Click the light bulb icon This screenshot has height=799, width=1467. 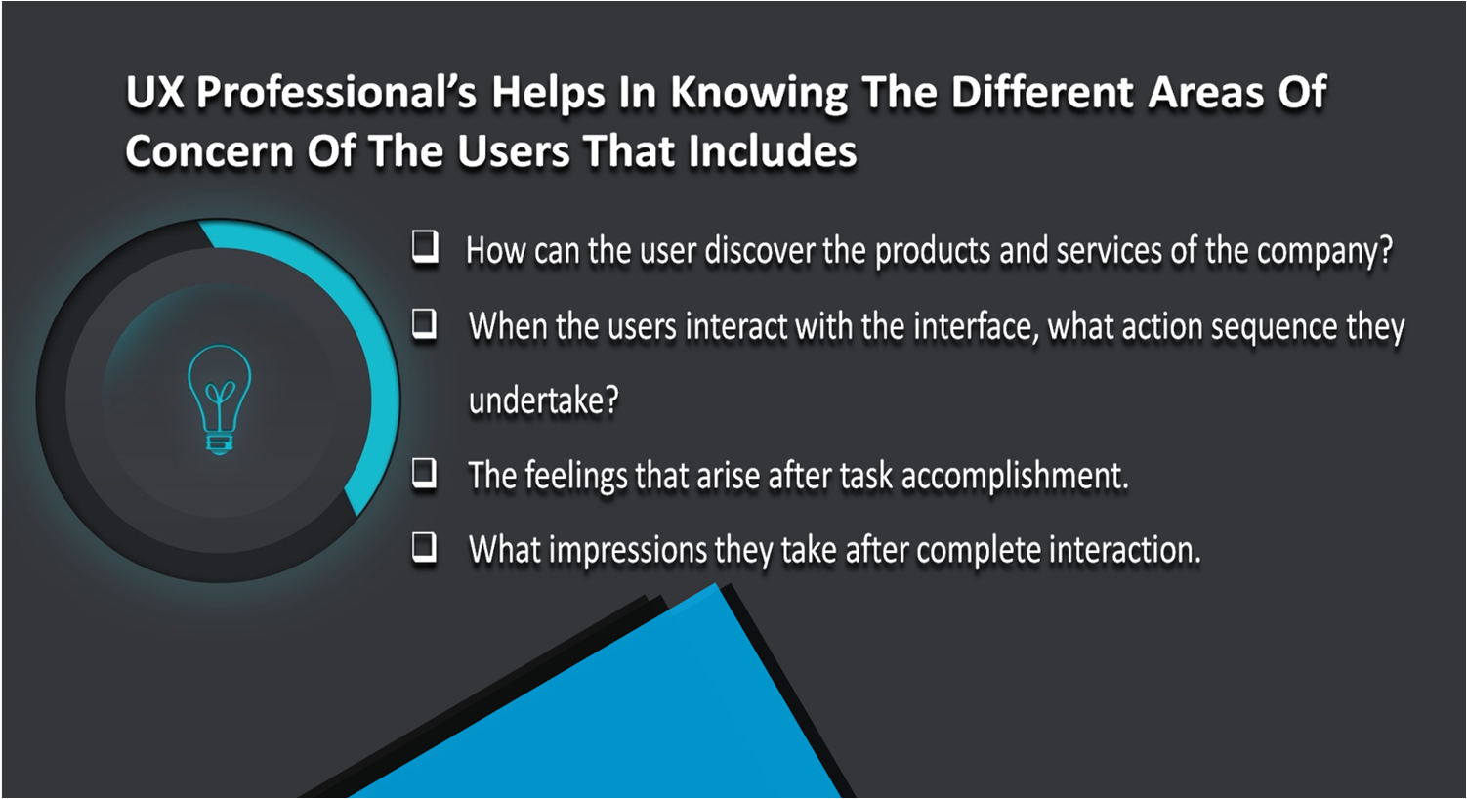pyautogui.click(x=220, y=399)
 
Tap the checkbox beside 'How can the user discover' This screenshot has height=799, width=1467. pyautogui.click(x=426, y=247)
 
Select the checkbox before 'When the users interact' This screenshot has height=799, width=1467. pyautogui.click(x=425, y=323)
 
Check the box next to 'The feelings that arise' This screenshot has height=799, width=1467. pyautogui.click(x=425, y=473)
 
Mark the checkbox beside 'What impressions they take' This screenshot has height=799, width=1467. pyautogui.click(x=425, y=547)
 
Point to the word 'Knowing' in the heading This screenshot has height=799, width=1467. pyautogui.click(x=759, y=94)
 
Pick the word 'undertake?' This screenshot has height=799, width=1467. pyautogui.click(x=544, y=399)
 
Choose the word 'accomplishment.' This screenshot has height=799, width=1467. pyautogui.click(x=1015, y=476)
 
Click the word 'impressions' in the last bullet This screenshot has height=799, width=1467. pyautogui.click(x=627, y=550)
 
